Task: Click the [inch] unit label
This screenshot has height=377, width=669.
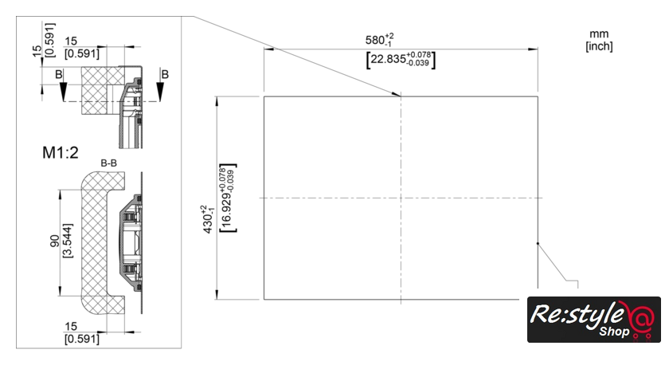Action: (598, 46)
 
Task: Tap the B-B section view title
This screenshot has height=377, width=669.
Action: (109, 163)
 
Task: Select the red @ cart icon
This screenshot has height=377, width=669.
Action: (640, 320)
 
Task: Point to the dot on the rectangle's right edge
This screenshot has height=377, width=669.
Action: (538, 244)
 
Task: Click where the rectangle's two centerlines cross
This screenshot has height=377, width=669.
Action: (400, 198)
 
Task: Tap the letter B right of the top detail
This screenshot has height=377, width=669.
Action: (165, 74)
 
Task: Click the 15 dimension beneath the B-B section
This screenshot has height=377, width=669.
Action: (70, 327)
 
